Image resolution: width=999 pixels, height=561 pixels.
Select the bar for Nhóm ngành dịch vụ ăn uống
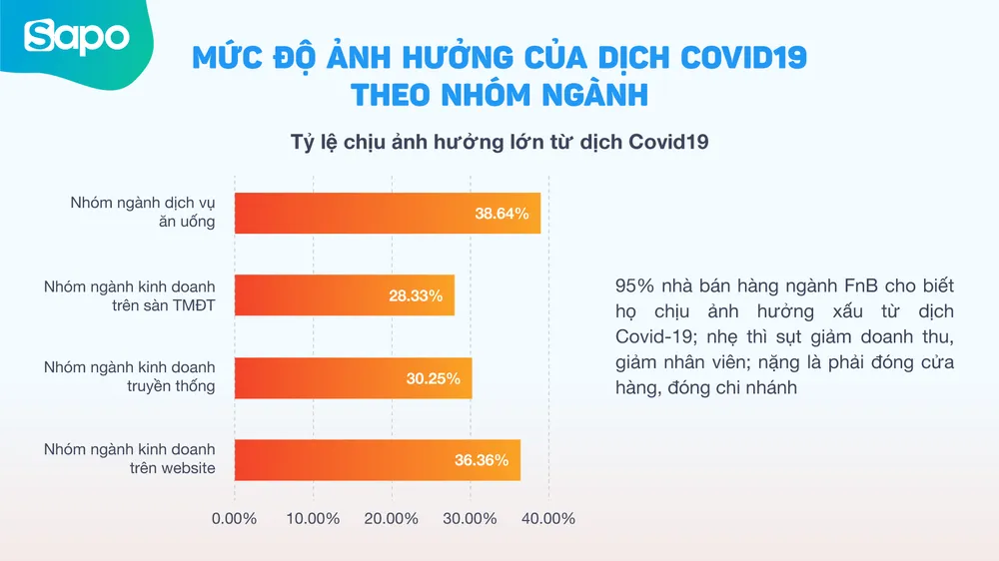(388, 213)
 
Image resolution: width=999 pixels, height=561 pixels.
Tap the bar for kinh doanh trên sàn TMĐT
(345, 295)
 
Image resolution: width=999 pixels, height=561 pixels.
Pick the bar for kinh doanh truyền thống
(353, 377)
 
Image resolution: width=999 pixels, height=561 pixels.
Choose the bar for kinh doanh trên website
(378, 460)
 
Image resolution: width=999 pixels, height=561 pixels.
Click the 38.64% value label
(501, 213)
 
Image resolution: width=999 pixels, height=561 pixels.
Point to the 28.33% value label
(416, 295)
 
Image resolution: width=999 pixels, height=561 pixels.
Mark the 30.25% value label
(433, 378)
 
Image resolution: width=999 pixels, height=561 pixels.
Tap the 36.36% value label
(482, 460)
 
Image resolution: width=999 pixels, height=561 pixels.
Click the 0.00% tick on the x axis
(235, 519)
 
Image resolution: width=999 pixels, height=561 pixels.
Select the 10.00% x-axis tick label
(313, 519)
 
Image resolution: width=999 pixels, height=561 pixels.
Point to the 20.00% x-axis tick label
(392, 519)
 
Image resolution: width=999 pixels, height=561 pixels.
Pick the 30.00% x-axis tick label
(470, 519)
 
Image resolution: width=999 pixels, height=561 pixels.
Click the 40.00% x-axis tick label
(548, 519)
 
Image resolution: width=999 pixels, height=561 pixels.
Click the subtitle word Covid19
(668, 142)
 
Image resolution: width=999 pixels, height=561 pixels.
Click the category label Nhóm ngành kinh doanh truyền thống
(129, 377)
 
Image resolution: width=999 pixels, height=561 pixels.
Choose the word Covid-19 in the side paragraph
(650, 336)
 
